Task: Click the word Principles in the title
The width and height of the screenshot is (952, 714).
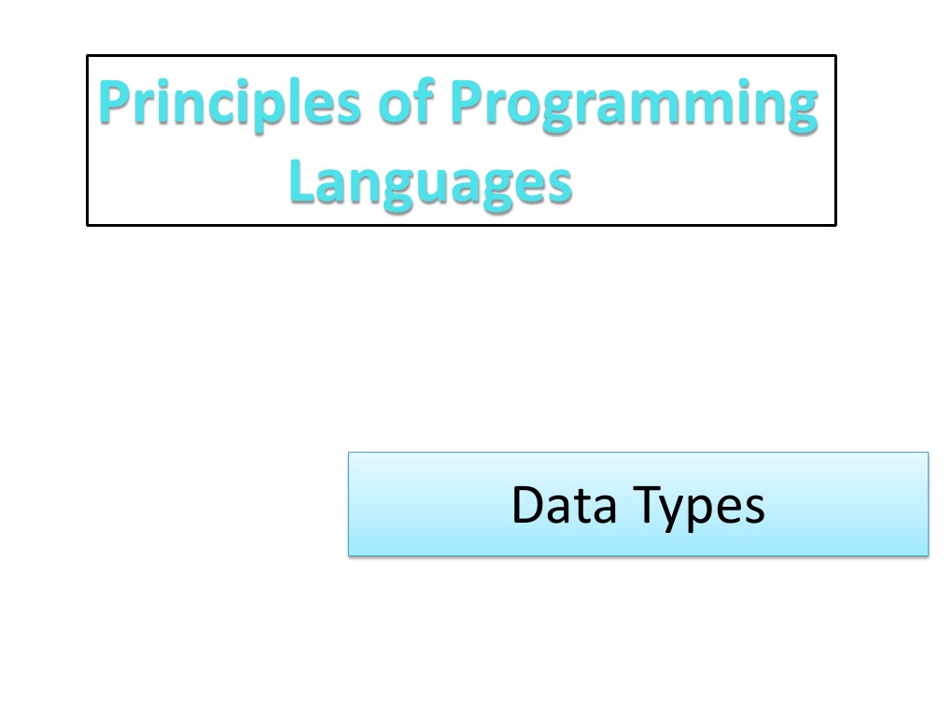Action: [230, 105]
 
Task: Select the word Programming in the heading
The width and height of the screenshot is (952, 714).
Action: [634, 105]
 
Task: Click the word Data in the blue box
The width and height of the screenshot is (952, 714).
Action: [565, 504]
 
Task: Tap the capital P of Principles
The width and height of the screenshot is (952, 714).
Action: [114, 103]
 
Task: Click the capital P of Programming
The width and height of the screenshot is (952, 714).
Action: [467, 103]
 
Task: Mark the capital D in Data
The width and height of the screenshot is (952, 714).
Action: [528, 504]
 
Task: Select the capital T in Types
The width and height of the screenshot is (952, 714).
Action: [648, 504]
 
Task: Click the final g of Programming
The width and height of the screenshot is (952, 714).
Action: [800, 110]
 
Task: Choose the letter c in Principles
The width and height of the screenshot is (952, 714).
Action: [245, 106]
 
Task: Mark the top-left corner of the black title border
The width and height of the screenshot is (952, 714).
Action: [88, 56]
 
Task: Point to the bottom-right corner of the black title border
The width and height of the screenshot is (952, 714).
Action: [835, 224]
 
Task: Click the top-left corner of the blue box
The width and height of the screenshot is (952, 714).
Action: [349, 453]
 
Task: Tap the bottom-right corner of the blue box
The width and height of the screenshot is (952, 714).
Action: [928, 555]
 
